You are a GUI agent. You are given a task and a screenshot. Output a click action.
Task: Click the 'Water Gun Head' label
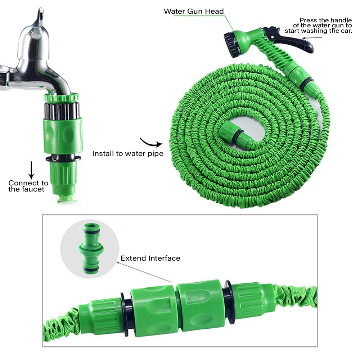pos(194,11)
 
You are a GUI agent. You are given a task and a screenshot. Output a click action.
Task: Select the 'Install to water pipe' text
pos(128,154)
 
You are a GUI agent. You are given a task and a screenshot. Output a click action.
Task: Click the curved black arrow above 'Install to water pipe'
pos(150,143)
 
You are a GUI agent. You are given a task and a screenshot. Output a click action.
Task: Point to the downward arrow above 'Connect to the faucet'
pos(31,170)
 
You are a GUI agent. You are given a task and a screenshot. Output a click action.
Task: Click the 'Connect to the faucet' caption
pos(28,186)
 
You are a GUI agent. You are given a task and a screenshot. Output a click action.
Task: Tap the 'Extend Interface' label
pos(150,258)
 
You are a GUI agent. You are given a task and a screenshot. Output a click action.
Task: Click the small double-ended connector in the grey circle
pos(91,248)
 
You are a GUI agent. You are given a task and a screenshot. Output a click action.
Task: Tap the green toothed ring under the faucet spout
pos(62,98)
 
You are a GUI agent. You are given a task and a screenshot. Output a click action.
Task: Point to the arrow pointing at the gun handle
pos(312,38)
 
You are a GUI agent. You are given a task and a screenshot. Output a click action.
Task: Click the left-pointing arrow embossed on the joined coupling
pos(166,306)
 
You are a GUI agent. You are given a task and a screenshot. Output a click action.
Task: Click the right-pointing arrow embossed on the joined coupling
pos(192,298)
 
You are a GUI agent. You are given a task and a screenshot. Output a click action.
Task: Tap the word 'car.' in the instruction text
pos(346,31)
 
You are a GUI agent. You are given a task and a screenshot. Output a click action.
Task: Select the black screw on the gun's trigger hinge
pos(272,37)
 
